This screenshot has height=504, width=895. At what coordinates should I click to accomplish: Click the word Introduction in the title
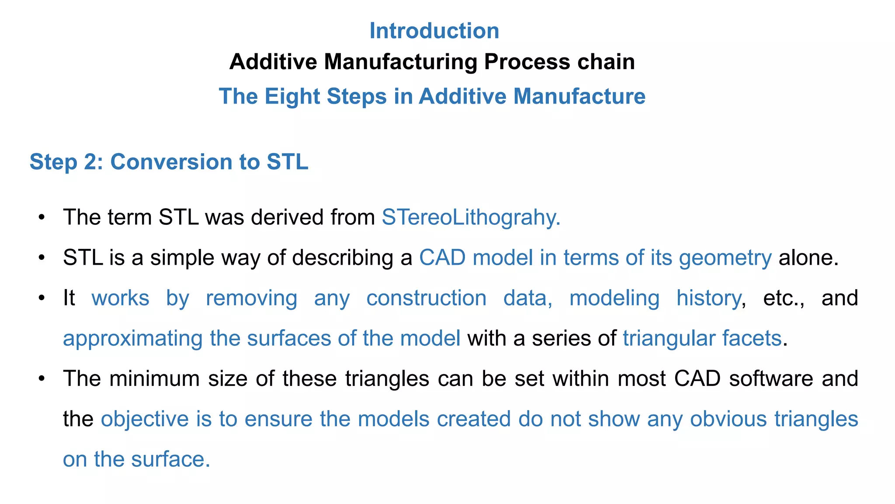click(x=434, y=31)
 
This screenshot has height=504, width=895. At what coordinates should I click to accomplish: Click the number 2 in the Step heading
click(x=92, y=162)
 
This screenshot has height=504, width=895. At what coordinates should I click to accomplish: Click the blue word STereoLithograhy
click(x=471, y=217)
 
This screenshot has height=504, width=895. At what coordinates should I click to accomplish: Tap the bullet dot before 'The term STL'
click(x=42, y=217)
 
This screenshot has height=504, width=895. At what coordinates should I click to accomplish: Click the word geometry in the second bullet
click(x=725, y=258)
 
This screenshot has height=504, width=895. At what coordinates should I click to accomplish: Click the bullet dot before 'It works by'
click(x=42, y=298)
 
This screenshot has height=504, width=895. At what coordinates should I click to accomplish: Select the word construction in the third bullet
click(x=426, y=298)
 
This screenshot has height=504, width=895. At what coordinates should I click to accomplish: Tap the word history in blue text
click(x=708, y=298)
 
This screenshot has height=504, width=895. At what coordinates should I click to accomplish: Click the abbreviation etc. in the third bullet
click(x=784, y=298)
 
